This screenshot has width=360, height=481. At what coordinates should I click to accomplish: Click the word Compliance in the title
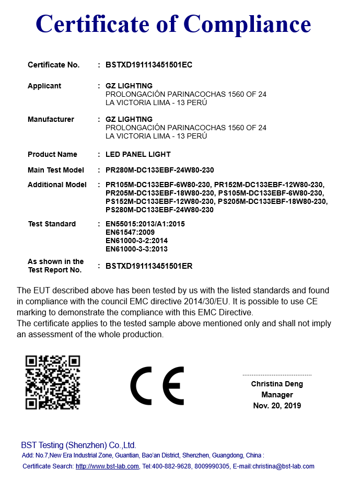(248, 24)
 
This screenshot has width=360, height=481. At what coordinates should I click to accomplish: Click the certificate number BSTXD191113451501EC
(149, 65)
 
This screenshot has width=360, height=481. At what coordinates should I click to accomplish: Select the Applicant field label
(44, 86)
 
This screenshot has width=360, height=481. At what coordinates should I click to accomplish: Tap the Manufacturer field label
(51, 119)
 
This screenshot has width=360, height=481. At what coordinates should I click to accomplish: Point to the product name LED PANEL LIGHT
(138, 154)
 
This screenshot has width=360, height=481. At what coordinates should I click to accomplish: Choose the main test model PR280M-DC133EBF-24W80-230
(159, 170)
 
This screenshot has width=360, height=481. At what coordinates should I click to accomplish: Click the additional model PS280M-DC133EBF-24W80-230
(159, 210)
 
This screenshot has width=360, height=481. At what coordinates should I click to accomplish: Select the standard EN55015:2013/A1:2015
(145, 224)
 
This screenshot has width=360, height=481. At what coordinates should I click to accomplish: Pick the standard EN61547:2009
(130, 232)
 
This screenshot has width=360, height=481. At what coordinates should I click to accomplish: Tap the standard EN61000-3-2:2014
(136, 241)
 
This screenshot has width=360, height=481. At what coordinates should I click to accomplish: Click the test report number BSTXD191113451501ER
(149, 266)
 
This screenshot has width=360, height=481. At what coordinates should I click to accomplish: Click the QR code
(53, 382)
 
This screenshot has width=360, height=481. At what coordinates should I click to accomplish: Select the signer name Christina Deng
(277, 384)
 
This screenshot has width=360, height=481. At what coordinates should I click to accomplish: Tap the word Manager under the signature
(277, 395)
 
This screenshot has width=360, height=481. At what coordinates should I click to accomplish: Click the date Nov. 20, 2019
(277, 406)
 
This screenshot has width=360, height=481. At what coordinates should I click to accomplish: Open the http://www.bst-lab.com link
(107, 466)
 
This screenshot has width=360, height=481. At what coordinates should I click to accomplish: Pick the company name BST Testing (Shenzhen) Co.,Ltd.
(78, 445)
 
